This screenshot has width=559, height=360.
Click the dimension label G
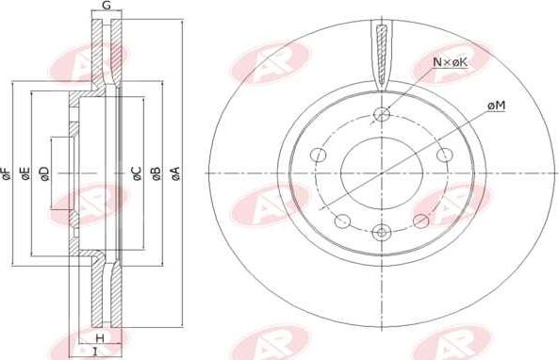pos(107,6)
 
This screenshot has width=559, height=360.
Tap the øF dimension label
pos(6,173)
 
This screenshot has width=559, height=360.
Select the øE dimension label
pos(25,173)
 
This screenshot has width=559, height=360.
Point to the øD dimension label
pos(44,173)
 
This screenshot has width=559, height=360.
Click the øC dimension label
pos(138,173)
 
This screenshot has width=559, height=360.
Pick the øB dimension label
pos(156,173)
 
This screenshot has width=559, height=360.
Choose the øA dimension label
pos(175,173)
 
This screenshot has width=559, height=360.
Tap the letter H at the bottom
pos(100,337)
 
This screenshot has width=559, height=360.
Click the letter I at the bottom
pos(95,352)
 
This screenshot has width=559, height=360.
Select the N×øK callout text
pos(450,62)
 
